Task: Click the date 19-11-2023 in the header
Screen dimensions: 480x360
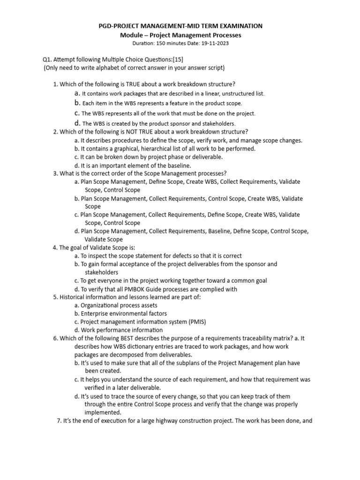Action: pyautogui.click(x=214, y=43)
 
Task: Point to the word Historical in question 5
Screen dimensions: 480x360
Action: pyautogui.click(x=74, y=297)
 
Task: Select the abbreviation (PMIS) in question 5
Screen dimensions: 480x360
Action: pyautogui.click(x=195, y=322)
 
